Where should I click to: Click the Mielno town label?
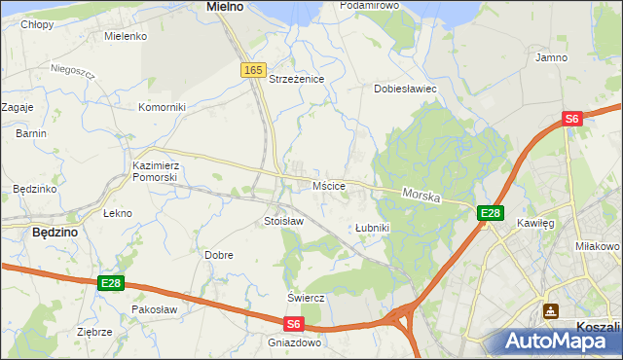(x=225, y=6)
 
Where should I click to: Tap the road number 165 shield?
(x=253, y=70)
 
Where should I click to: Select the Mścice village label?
(x=329, y=185)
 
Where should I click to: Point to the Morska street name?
(x=421, y=196)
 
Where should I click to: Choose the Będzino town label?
(x=55, y=233)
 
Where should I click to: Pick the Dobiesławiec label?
(x=405, y=89)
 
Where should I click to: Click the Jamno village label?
(x=552, y=58)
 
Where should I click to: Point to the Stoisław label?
(x=284, y=221)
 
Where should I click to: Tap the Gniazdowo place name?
(x=294, y=342)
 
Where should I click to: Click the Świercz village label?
(x=305, y=297)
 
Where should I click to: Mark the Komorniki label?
(x=162, y=107)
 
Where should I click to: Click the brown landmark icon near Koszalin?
(x=551, y=311)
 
